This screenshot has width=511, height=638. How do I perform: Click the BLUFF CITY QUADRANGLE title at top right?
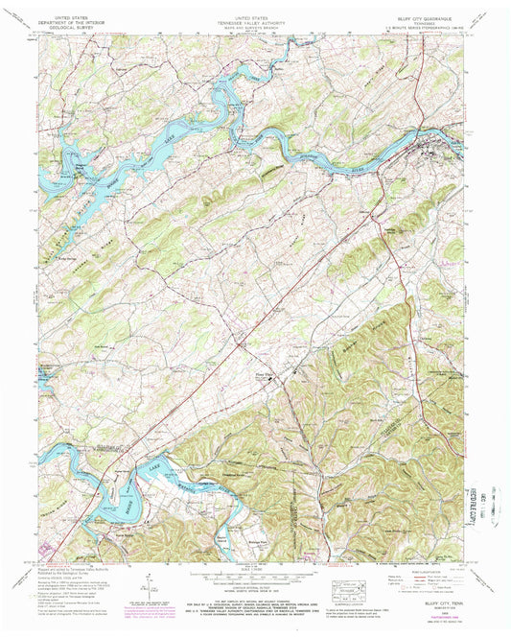pyautogui.click(x=428, y=17)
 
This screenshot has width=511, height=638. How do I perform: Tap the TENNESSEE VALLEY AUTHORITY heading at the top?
pyautogui.click(x=255, y=22)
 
